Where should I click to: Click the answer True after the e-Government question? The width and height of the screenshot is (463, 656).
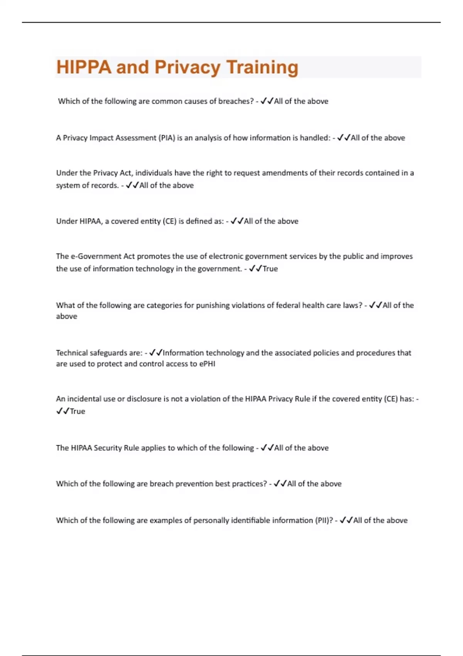[270, 269]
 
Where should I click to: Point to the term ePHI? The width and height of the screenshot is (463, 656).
[207, 364]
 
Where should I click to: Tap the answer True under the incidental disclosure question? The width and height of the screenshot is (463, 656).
[78, 411]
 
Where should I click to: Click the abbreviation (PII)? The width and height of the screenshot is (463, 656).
[324, 520]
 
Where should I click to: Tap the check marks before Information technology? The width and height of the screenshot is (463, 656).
[156, 353]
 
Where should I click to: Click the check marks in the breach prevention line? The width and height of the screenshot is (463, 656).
[280, 484]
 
